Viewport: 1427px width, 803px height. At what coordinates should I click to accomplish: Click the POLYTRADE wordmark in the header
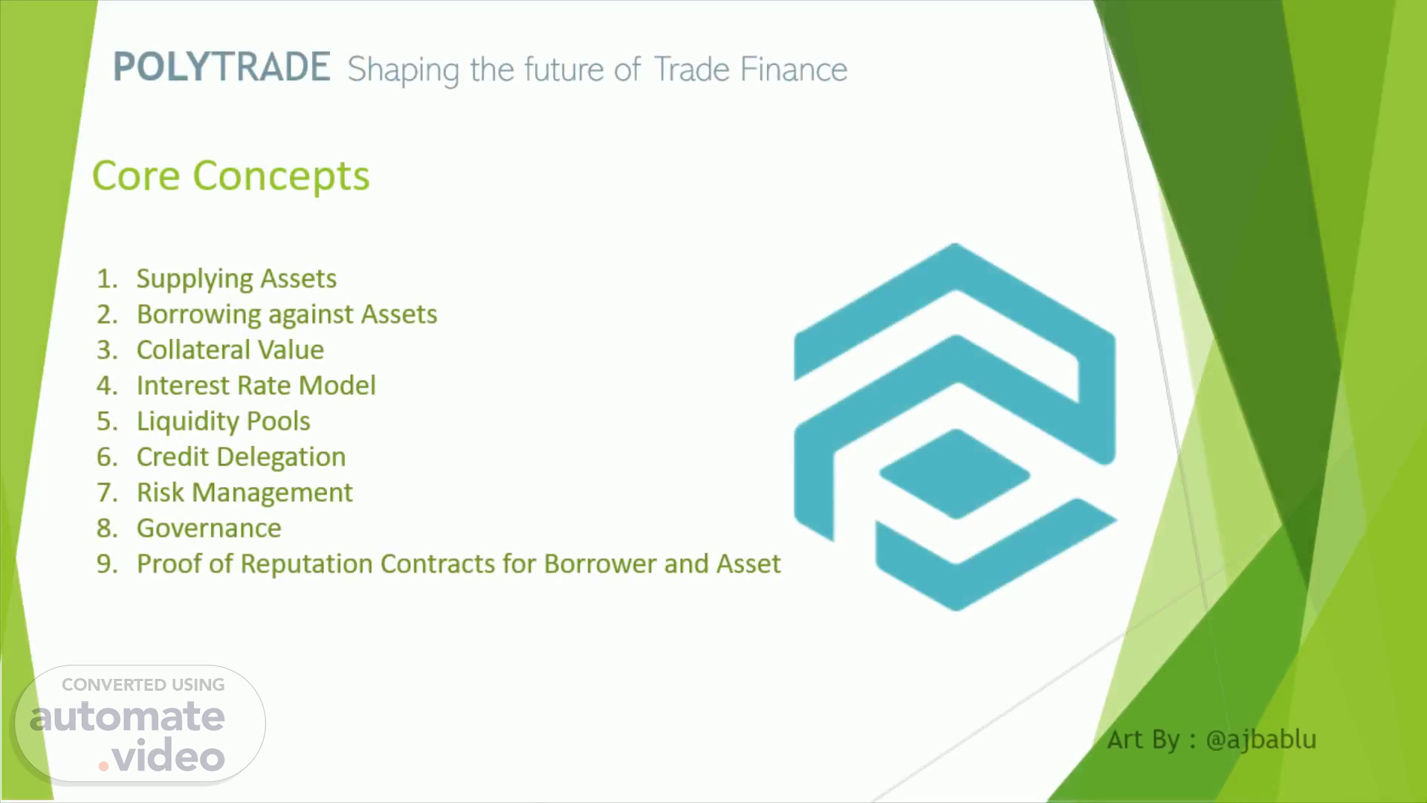[x=221, y=67]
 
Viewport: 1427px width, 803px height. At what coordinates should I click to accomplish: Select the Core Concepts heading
[x=230, y=175]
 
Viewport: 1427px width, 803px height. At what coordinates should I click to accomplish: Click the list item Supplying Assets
[x=236, y=279]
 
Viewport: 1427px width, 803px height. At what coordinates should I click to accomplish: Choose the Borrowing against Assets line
[x=287, y=315]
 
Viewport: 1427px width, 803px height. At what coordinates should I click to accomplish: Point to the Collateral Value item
[x=230, y=349]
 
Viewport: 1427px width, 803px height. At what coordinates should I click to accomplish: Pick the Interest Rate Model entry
[x=256, y=385]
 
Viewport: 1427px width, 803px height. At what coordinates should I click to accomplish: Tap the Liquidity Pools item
[x=224, y=422]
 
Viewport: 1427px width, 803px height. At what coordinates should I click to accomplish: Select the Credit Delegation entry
[x=242, y=457]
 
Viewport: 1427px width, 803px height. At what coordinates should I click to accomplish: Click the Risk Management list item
[x=245, y=492]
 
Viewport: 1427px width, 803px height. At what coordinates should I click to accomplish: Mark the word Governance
[x=209, y=528]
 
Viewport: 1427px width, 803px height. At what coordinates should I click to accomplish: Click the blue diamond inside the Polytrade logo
[x=955, y=474]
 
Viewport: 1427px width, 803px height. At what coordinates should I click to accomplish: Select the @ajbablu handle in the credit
[x=1261, y=740]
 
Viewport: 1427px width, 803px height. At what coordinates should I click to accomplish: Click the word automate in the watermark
[x=127, y=717]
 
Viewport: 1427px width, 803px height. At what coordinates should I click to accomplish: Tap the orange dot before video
[x=103, y=766]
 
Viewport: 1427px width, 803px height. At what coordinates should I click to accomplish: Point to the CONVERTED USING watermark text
[x=143, y=685]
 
